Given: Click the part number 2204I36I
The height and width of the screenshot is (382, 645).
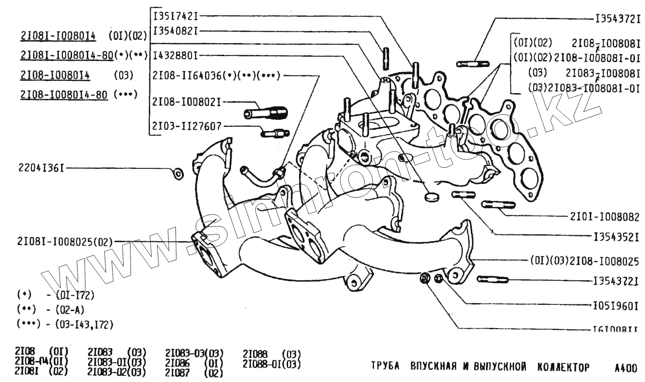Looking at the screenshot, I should (33, 168).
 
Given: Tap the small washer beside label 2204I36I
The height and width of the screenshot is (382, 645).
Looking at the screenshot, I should (177, 173).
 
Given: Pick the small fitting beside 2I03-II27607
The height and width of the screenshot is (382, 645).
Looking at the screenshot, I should (274, 133).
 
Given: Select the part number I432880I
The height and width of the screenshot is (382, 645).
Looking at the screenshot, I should (175, 56).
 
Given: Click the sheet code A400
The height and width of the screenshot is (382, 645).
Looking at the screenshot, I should (626, 368).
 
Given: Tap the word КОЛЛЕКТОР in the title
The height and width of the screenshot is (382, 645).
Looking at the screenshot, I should (563, 367).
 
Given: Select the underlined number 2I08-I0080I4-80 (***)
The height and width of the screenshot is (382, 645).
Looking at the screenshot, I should (64, 95).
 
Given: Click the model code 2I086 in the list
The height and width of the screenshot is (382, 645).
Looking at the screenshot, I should (177, 364).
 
